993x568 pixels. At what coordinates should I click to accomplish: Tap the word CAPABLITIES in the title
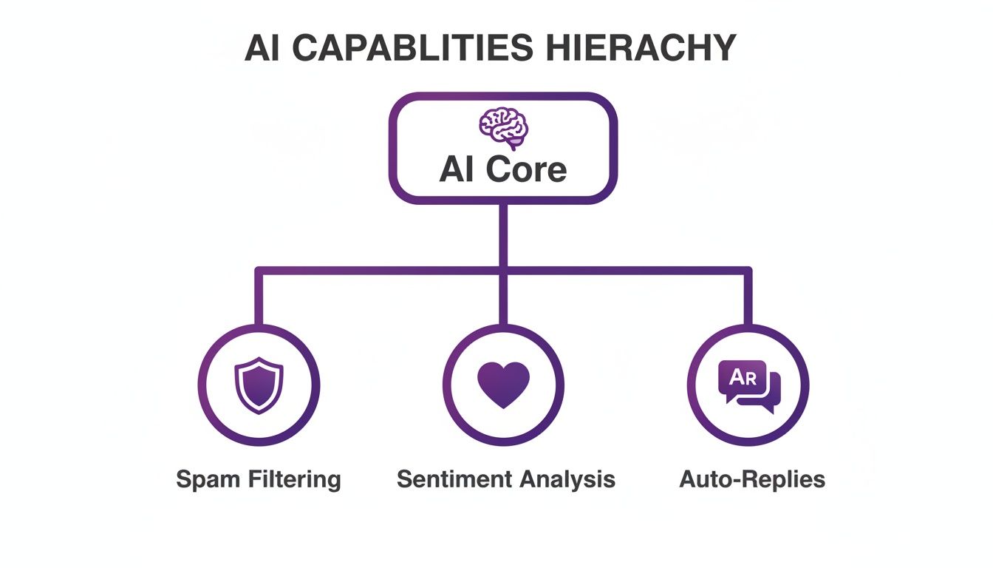[x=405, y=49]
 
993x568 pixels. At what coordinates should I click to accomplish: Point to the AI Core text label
[x=502, y=169]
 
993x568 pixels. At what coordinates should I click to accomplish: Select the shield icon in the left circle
[x=259, y=385]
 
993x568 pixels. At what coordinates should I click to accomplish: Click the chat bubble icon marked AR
[x=748, y=385]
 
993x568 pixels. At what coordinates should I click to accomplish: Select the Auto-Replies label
[x=751, y=479]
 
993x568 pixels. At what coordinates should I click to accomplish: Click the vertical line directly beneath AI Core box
[x=503, y=233]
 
